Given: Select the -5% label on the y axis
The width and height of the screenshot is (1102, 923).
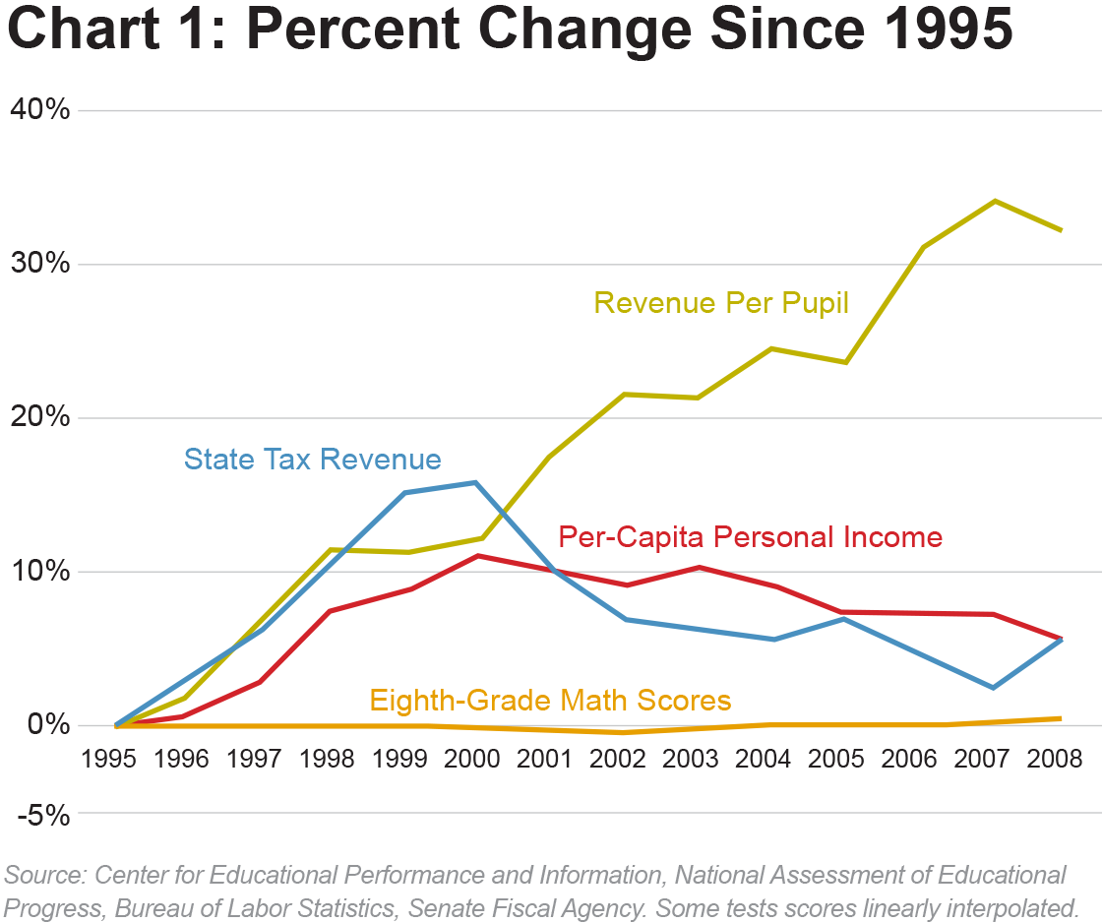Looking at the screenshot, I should pos(43,814).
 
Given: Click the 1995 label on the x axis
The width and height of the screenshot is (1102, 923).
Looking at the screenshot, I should pos(108,759).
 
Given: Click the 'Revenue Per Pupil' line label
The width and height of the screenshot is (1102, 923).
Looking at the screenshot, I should pos(721,302).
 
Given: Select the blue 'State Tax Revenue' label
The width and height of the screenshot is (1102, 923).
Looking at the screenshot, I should pos(312,459).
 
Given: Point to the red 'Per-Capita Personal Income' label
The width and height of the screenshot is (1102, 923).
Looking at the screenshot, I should pos(750,536).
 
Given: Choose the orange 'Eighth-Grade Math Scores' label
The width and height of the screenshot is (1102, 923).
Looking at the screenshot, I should pos(550,700).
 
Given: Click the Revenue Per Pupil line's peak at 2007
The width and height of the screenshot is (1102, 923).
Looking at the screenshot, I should pos(996,201).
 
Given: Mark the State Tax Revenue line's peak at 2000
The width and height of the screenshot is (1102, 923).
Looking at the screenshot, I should pos(476,482).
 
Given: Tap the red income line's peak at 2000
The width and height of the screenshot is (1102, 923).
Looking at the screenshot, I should pos(478,556).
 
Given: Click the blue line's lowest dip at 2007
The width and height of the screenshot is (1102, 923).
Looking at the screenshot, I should pos(994,687).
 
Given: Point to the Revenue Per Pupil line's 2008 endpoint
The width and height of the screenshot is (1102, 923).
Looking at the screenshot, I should pos(1061,230).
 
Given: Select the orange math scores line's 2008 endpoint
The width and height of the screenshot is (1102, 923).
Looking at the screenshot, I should pos(1061,718).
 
